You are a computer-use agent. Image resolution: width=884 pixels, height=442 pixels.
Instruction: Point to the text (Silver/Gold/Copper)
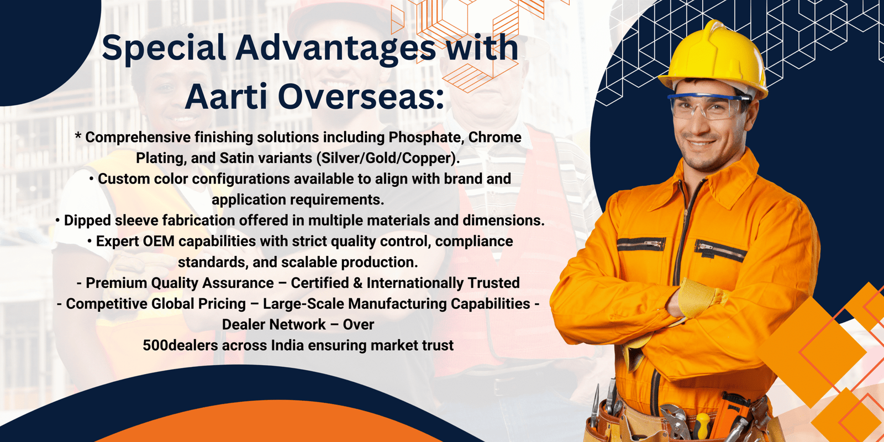coord(388,158)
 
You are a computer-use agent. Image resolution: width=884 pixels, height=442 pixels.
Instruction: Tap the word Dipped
coord(87,220)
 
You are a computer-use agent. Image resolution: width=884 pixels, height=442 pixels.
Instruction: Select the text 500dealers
coord(180,345)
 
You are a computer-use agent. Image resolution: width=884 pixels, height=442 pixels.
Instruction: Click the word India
coord(287,345)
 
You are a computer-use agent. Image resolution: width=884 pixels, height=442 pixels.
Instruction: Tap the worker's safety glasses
coord(708,106)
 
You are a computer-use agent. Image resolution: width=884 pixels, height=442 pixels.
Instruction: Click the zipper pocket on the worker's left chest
coord(720,252)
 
